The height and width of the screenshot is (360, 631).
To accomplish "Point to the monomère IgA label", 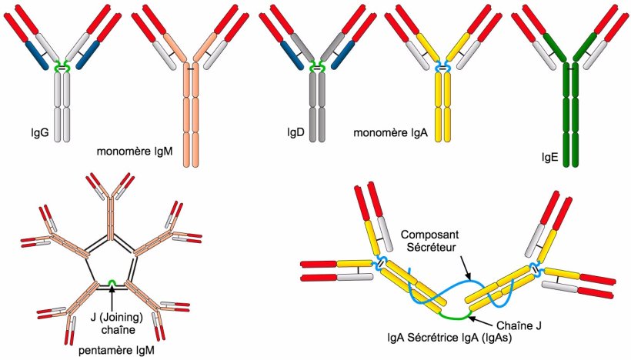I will pyautogui.click(x=390, y=132).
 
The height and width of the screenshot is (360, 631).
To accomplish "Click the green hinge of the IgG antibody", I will pyautogui.click(x=60, y=68).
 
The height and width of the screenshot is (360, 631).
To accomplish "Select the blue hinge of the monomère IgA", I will pyautogui.click(x=442, y=68).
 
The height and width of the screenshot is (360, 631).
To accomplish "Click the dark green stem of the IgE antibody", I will pyautogui.click(x=570, y=115).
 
